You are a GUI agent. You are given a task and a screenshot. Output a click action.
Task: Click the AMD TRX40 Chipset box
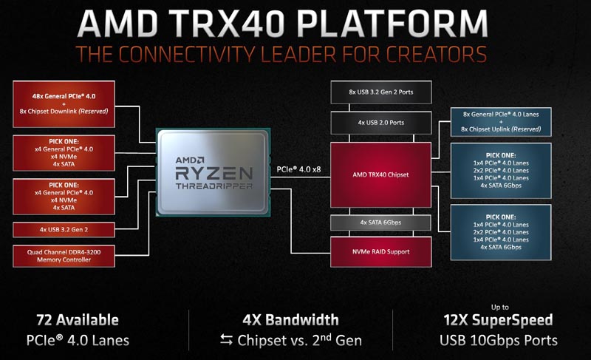coord(380,174)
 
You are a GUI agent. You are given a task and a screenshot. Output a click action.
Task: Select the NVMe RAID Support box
coord(380,251)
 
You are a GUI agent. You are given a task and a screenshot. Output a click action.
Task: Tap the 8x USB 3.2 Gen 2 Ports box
coord(380,92)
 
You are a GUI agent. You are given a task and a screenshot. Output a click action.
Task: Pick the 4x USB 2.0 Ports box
coord(380,122)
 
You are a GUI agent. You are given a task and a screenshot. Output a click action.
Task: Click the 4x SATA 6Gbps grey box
coord(380,223)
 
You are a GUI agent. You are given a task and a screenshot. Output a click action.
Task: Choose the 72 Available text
coord(78,320)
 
